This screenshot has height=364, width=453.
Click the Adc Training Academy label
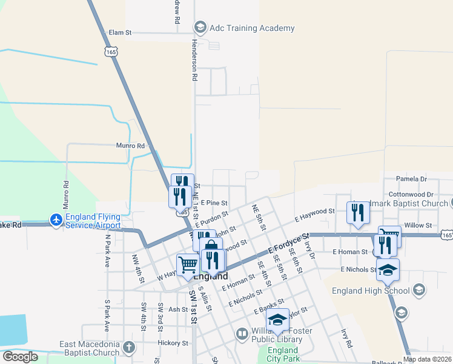251,28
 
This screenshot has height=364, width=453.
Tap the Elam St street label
119,32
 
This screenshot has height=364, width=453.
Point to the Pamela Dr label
411,179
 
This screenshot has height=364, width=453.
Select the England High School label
371,291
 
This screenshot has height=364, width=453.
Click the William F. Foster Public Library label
270,335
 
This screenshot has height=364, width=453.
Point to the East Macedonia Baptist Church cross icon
128,347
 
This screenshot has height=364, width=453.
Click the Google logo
20,356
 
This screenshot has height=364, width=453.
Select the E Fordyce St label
289,241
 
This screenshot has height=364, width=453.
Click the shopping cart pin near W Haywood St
188,265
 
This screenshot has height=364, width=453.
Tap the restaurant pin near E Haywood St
358,213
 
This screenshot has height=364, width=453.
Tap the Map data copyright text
427,359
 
